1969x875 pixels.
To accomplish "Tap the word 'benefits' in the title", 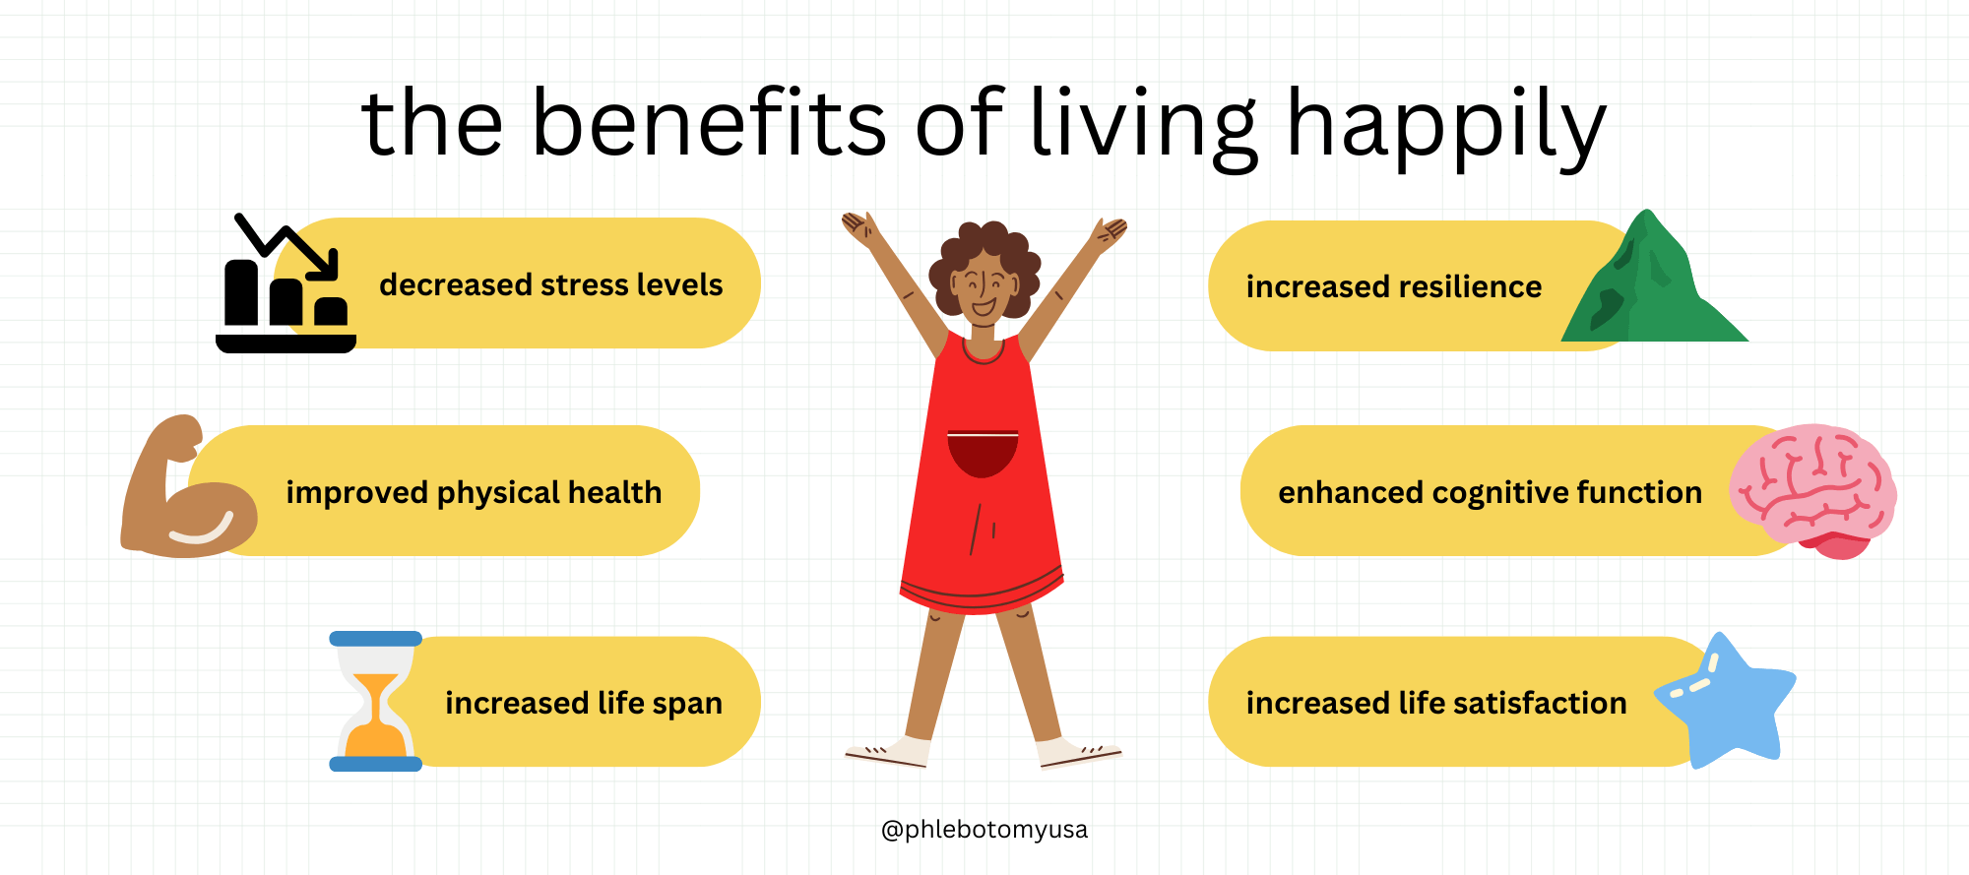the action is click(709, 122).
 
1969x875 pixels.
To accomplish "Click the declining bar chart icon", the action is click(286, 283).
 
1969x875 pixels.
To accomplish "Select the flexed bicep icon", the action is click(188, 486).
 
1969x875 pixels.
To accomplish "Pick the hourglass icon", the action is click(375, 701).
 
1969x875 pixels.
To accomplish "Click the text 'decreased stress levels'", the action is click(551, 284).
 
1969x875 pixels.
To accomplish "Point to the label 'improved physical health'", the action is click(474, 492).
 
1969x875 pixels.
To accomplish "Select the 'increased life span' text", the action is click(584, 703).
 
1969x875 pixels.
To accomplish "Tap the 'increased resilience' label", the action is click(1394, 286).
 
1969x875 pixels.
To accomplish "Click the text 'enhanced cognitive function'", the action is click(1491, 492).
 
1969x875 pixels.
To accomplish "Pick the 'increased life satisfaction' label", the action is click(1436, 703).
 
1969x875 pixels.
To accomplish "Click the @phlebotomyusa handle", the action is click(984, 830).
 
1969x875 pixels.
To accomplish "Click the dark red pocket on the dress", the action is click(983, 454).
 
